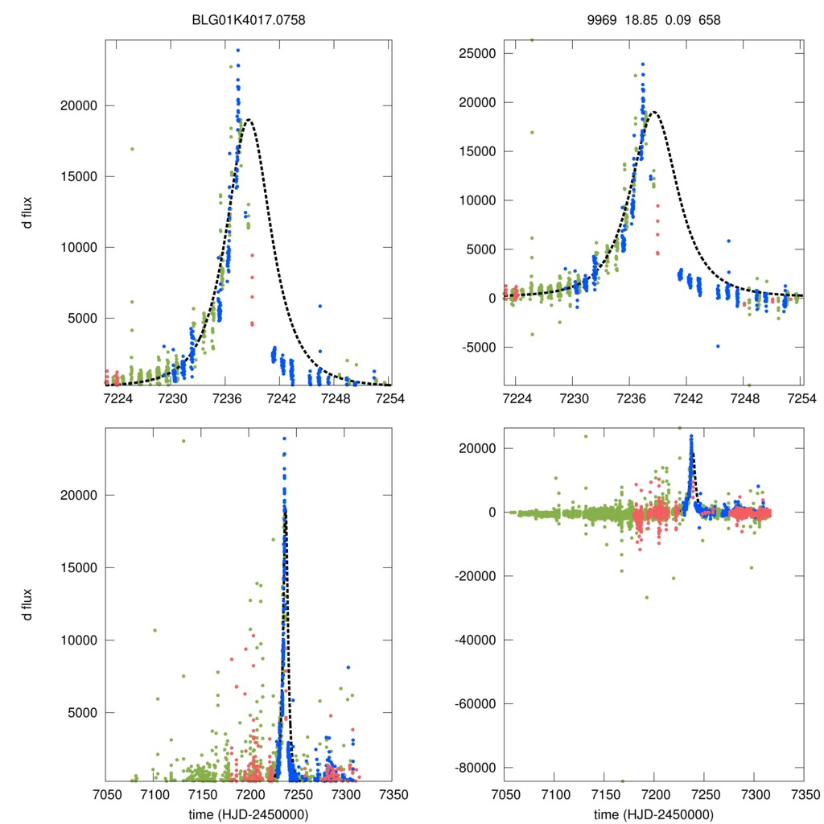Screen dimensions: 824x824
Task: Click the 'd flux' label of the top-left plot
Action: click(27, 213)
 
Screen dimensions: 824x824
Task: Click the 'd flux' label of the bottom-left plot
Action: click(27, 604)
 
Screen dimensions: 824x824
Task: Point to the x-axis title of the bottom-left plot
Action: click(248, 814)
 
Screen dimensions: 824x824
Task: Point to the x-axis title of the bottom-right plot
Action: click(653, 814)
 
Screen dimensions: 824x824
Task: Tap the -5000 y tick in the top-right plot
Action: click(478, 348)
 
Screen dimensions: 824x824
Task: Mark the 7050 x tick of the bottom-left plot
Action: click(105, 794)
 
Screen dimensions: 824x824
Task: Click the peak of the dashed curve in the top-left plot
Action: click(249, 120)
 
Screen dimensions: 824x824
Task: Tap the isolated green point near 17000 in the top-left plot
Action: click(132, 149)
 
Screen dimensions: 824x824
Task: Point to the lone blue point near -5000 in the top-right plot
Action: click(718, 346)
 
